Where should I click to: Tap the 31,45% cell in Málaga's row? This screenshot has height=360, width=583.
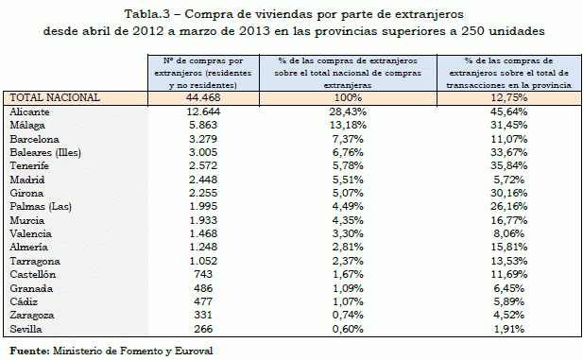pyautogui.click(x=511, y=125)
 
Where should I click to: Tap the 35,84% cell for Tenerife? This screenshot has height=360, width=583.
pyautogui.click(x=511, y=165)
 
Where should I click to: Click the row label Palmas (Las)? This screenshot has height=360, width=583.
pyautogui.click(x=38, y=206)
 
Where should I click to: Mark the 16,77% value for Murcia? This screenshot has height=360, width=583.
pyautogui.click(x=511, y=220)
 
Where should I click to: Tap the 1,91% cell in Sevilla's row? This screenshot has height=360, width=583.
pyautogui.click(x=511, y=329)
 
